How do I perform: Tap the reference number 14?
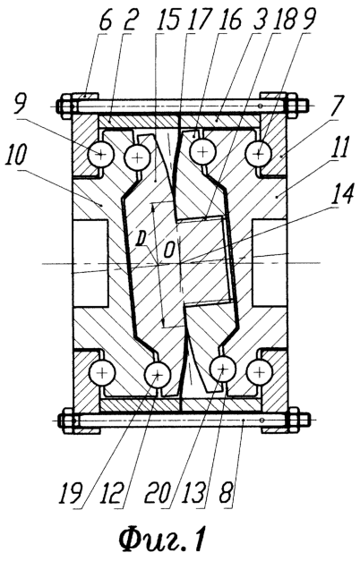(x=341, y=195)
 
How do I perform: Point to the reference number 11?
(x=339, y=149)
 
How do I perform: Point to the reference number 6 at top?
(x=105, y=21)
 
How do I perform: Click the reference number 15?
(x=167, y=21)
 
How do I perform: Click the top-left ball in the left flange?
(x=101, y=154)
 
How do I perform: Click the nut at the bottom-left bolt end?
(x=66, y=421)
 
